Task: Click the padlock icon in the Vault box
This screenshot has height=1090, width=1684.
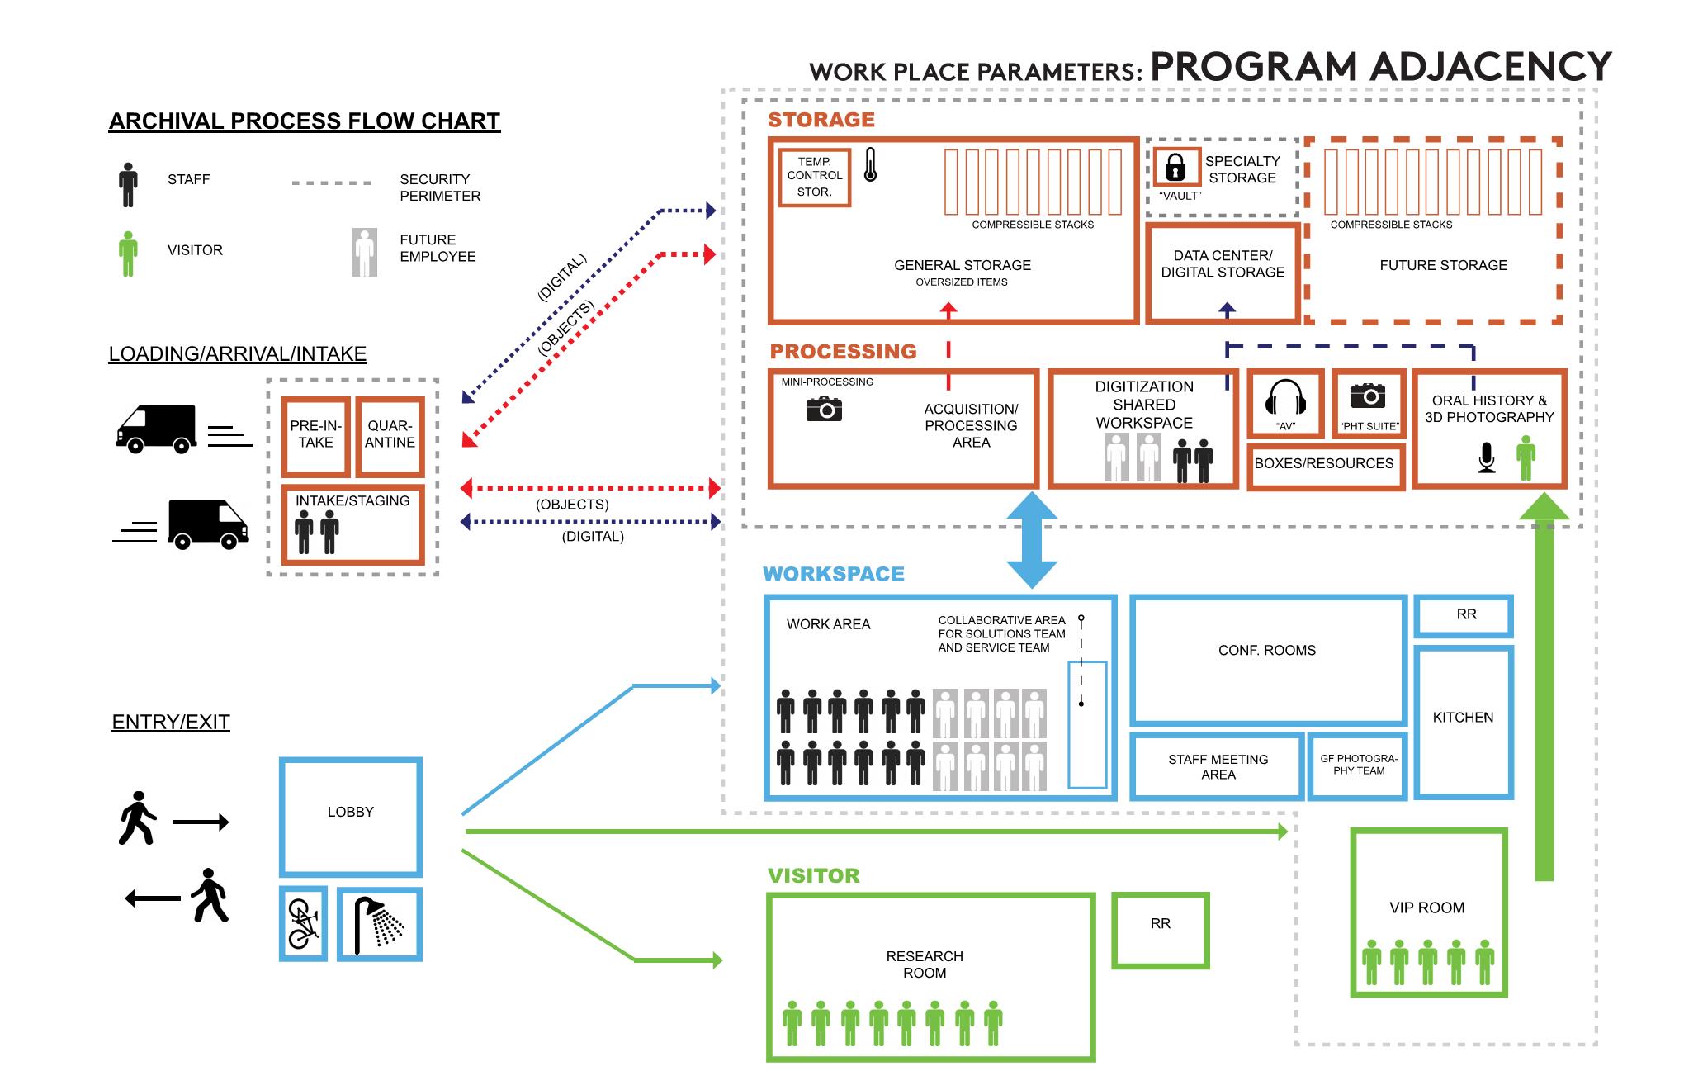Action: coord(1175,168)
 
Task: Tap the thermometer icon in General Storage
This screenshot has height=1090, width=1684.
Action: coord(870,165)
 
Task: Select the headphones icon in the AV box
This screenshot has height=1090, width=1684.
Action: coord(1285,397)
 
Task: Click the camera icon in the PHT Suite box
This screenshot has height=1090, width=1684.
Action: coord(1368,396)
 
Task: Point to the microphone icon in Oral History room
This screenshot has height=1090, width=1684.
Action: coord(1486,457)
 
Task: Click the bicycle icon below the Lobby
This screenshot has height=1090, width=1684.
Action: coord(303,923)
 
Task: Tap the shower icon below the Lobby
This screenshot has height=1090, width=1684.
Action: coord(380,925)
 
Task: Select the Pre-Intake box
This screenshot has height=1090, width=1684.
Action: coord(316,435)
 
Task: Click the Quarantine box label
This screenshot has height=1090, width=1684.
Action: coord(390,434)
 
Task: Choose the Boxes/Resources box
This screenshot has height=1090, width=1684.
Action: coord(1324,464)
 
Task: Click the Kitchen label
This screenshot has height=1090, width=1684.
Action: coord(1463,718)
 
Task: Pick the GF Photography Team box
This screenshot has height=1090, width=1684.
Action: coord(1358,765)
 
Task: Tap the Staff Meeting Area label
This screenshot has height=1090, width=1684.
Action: coord(1218,766)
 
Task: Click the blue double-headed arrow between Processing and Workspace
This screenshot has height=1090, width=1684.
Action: coord(1032,540)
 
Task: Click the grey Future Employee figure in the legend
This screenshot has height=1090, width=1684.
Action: coord(364,252)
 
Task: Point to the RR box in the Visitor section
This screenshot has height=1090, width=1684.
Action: coord(1160,930)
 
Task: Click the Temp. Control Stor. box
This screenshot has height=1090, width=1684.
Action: coord(814,177)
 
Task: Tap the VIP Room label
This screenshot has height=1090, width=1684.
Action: coord(1426,908)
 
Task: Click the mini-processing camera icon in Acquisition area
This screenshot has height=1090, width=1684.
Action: coord(824,408)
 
